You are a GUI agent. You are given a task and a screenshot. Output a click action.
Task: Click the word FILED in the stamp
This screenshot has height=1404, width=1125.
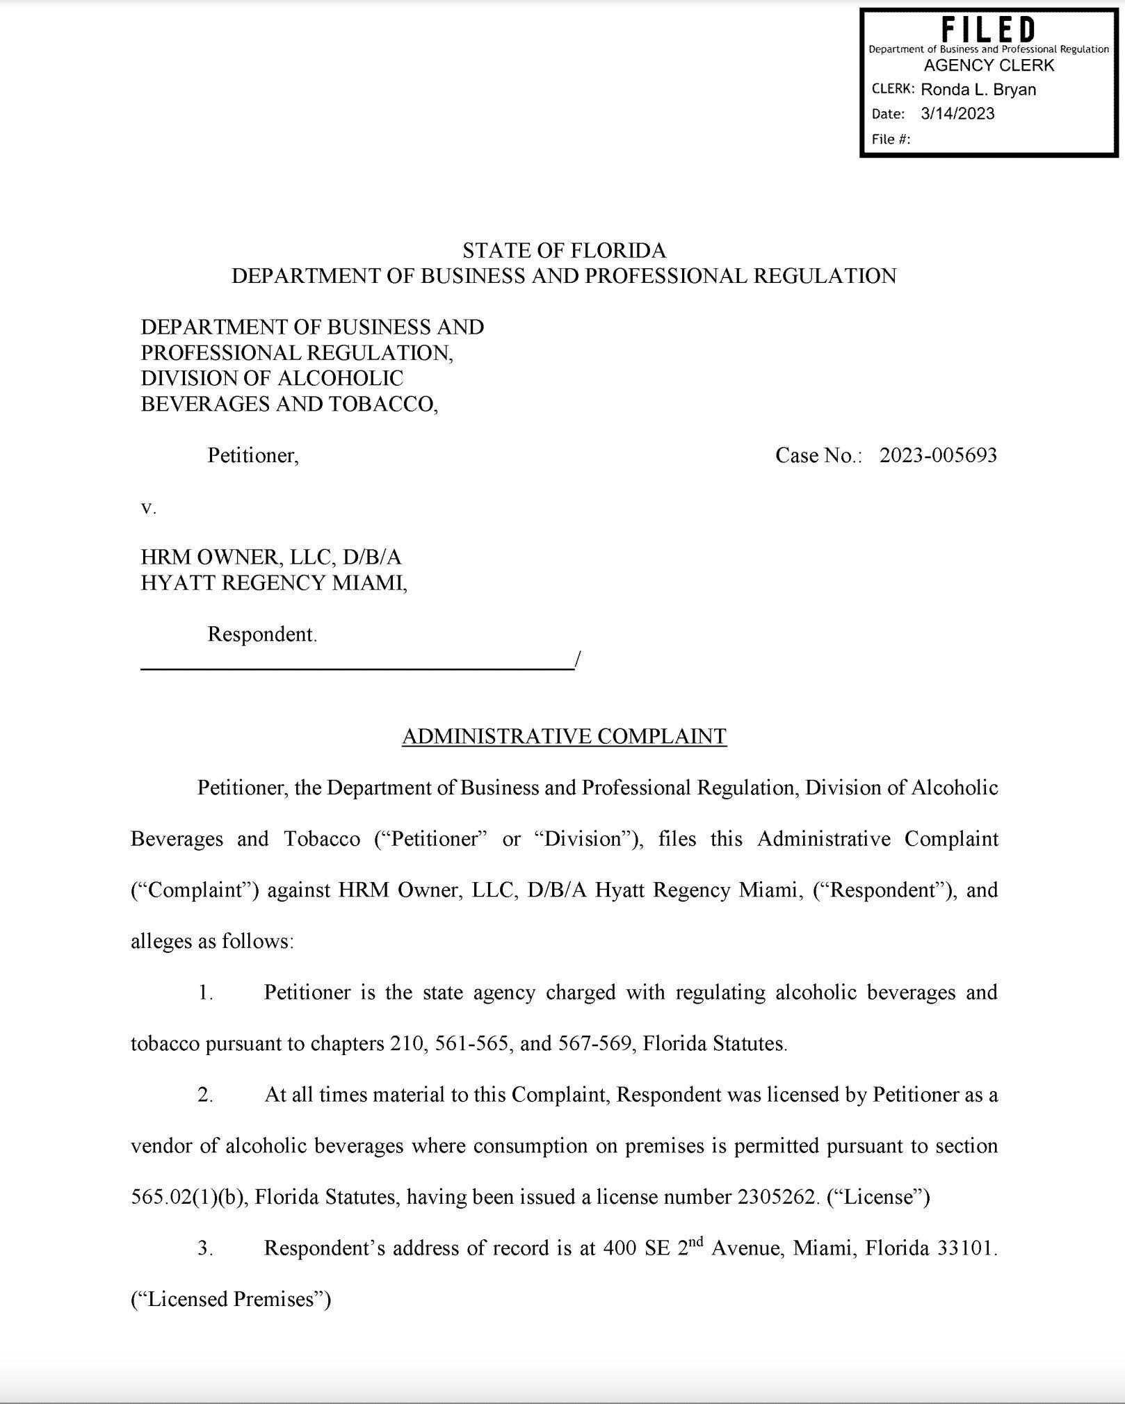[x=988, y=31]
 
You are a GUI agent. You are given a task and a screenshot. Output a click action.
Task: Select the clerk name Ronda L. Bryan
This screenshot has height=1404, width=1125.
[x=978, y=90]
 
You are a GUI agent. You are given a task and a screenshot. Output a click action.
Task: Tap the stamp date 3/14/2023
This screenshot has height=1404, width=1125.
[x=957, y=114]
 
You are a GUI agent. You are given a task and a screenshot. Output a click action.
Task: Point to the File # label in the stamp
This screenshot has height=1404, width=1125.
[x=891, y=139]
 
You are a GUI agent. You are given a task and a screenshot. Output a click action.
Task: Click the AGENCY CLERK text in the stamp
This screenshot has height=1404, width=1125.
[x=988, y=65]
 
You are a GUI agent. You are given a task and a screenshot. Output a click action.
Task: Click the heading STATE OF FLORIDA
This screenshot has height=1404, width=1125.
[x=564, y=250]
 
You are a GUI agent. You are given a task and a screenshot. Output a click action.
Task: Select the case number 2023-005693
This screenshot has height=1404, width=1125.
[x=938, y=455]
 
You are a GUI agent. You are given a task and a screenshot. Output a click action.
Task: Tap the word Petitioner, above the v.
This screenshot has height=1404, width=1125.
[x=253, y=455]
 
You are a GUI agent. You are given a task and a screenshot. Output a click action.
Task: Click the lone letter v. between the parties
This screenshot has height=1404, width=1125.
[x=149, y=508]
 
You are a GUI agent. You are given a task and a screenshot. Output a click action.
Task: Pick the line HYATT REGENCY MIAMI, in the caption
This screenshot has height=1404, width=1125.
[x=274, y=582]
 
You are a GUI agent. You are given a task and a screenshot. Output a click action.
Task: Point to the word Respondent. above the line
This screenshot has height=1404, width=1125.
[x=262, y=634]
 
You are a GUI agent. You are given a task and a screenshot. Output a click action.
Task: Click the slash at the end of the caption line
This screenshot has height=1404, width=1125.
[x=577, y=659]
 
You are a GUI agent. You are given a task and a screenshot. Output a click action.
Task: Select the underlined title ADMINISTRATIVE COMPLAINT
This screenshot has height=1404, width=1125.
[x=564, y=736]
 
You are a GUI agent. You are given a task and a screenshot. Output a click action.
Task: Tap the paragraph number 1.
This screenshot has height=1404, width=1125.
[x=205, y=992]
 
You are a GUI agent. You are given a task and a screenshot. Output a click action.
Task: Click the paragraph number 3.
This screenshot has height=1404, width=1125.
[x=205, y=1248]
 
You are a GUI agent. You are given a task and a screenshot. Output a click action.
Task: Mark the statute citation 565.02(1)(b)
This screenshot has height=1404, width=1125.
[x=186, y=1197]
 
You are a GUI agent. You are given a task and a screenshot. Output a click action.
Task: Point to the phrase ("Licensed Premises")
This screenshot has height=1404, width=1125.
[x=230, y=1299]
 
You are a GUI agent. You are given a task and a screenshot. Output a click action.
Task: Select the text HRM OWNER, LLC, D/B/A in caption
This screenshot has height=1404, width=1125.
[x=271, y=557]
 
